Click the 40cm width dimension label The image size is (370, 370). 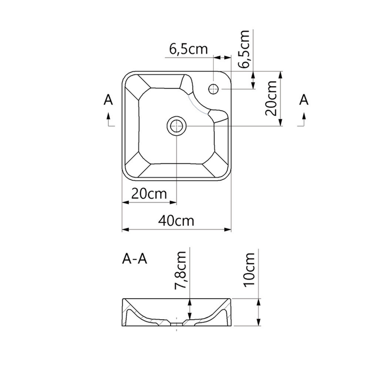[x=176, y=221]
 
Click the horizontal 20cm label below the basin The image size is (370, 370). [x=149, y=194]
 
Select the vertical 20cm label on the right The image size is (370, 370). [x=271, y=98]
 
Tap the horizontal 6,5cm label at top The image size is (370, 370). [x=188, y=49]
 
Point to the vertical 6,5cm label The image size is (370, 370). [x=244, y=49]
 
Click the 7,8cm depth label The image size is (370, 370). [x=181, y=270]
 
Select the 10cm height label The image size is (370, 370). [x=249, y=270]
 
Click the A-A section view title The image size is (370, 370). [x=134, y=259]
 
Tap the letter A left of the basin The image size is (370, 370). [x=108, y=99]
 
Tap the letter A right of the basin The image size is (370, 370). [x=304, y=99]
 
